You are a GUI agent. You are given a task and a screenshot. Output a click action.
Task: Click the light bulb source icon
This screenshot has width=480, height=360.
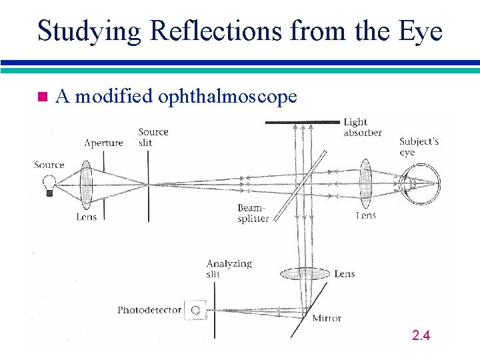pos(48,183)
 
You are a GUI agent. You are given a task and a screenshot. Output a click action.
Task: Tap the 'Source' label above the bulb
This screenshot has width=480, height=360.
pos(49,165)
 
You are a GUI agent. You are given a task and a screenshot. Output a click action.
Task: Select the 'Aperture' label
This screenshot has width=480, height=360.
pos(103,143)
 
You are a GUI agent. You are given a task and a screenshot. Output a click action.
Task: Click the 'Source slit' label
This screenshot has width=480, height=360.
pos(153,137)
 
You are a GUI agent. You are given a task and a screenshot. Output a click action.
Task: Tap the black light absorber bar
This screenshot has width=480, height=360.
pos(302,122)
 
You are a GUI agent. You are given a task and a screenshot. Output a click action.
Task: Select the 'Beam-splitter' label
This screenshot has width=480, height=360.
pos(253,213)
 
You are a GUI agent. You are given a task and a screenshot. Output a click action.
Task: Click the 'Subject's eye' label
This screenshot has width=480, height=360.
pos(419,147)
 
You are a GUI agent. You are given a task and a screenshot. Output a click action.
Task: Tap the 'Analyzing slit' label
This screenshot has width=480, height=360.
pos(229,269)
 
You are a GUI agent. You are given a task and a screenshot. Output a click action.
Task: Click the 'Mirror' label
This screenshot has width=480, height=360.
pos(327,318)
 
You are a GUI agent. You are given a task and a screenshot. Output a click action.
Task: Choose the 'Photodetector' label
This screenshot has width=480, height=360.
pos(149,310)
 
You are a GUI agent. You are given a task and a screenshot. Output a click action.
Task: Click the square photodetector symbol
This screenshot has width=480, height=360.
pos(195,309)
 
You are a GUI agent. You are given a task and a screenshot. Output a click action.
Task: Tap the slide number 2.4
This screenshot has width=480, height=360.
pos(421,335)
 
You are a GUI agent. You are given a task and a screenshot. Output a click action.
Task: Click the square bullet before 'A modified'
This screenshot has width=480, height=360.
pos(42,97)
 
